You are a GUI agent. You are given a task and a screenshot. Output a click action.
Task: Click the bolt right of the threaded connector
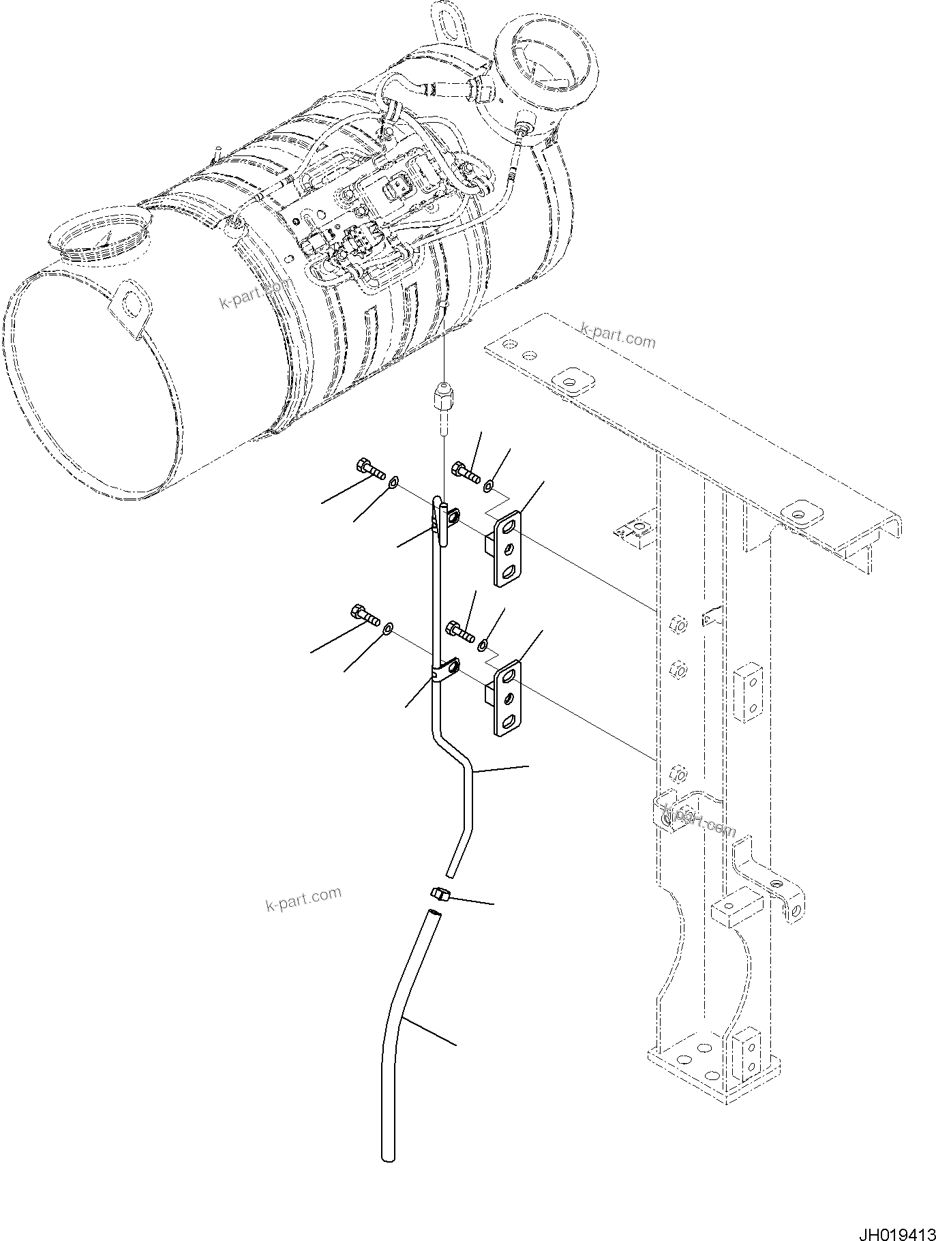[466, 471]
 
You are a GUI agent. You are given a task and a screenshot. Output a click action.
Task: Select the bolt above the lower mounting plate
[460, 629]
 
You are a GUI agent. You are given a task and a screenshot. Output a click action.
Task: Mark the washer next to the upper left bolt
[394, 484]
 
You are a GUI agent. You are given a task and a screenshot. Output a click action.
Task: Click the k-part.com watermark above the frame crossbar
[617, 335]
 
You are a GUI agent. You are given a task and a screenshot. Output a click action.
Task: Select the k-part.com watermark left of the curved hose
[303, 899]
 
